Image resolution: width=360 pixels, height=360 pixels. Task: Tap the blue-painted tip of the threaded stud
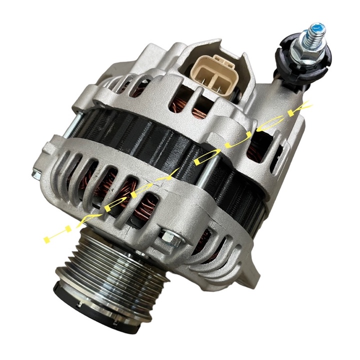317,29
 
